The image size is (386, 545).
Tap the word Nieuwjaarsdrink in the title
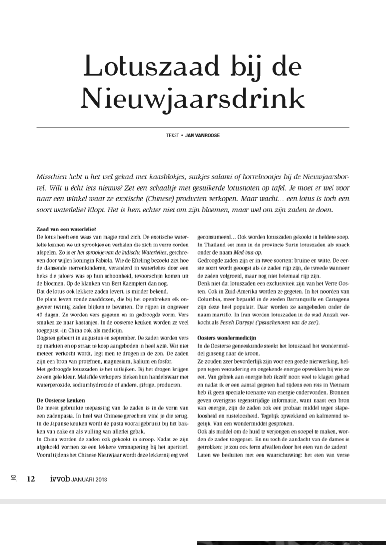click(x=193, y=99)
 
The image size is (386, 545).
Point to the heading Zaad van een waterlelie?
click(x=67, y=229)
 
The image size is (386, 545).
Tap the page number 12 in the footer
click(x=31, y=479)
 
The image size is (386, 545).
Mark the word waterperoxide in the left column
click(x=53, y=385)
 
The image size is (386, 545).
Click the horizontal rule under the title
click(x=193, y=127)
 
